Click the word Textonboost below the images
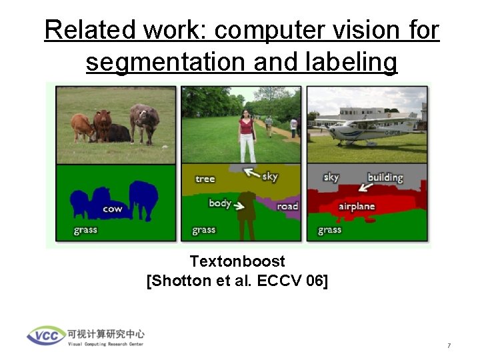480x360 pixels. pyautogui.click(x=237, y=261)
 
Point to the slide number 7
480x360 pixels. pyautogui.click(x=449, y=346)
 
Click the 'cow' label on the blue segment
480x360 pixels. pyautogui.click(x=112, y=209)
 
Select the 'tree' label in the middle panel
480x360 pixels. pyautogui.click(x=205, y=179)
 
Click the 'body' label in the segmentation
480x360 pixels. pyautogui.click(x=219, y=203)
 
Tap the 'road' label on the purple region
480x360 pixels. pyautogui.click(x=287, y=206)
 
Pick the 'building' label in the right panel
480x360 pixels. pyautogui.click(x=385, y=177)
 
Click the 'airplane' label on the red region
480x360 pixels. pyautogui.click(x=357, y=207)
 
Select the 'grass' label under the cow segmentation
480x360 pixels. pyautogui.click(x=85, y=230)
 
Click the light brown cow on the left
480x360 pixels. pyautogui.click(x=81, y=126)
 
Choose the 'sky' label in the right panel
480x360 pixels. pyautogui.click(x=331, y=177)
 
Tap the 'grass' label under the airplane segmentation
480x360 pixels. pyautogui.click(x=329, y=230)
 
